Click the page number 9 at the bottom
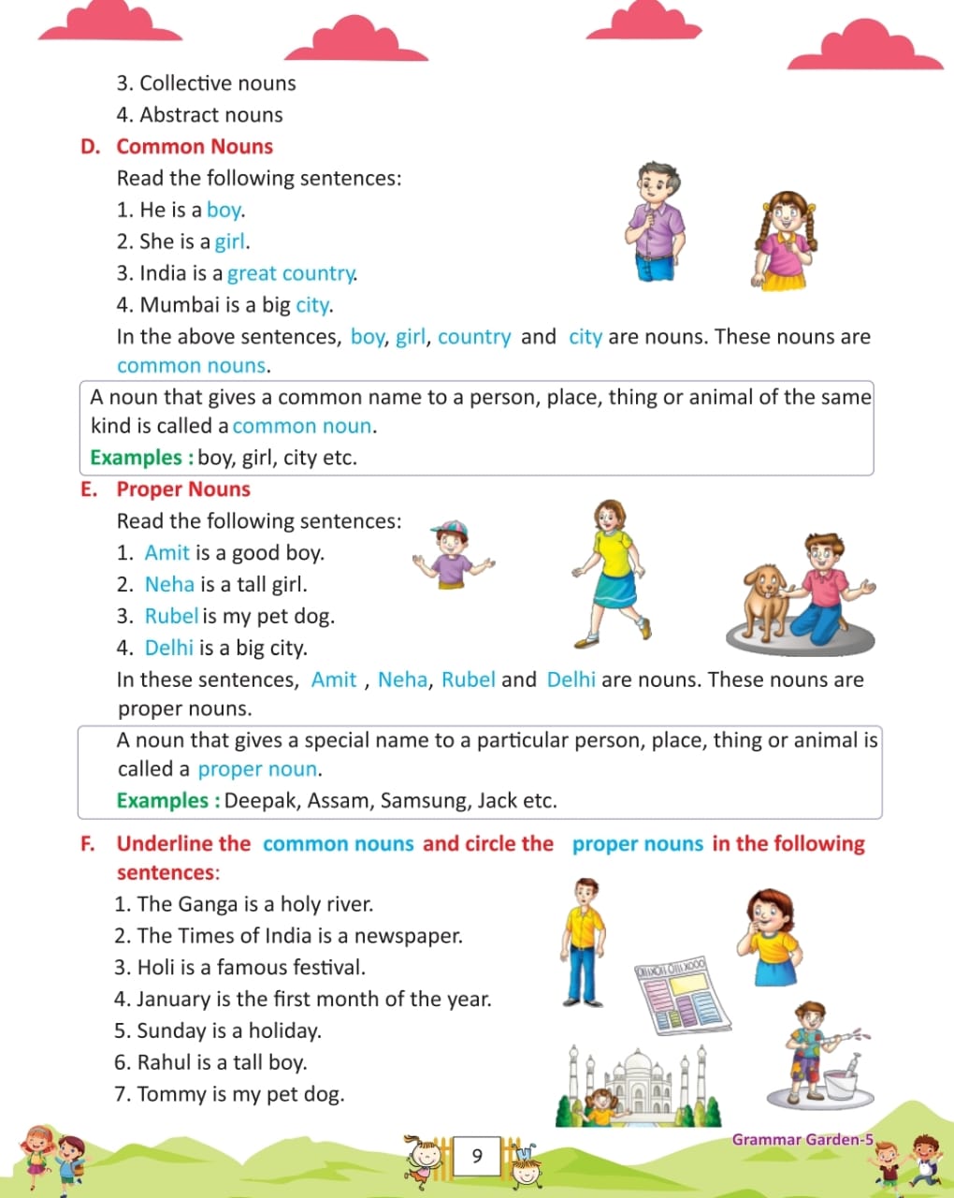coord(477,1156)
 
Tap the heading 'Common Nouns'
coord(195,147)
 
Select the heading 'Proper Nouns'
coord(183,489)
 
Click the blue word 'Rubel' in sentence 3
coord(171,616)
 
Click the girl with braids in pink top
coord(784,240)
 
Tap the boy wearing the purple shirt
coord(656,221)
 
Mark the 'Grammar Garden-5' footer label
coord(802,1139)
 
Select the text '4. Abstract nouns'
coord(199,115)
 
